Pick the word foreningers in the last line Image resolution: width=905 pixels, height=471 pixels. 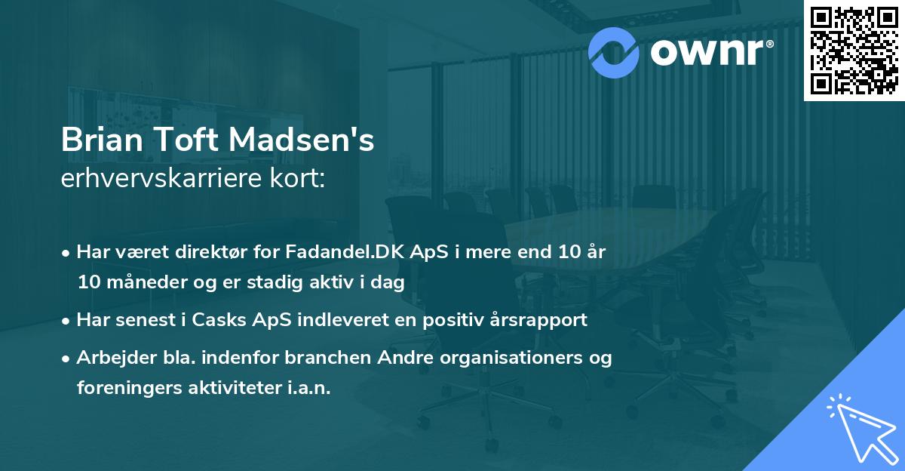point(122,388)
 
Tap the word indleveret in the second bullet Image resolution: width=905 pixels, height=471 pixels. point(339,319)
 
